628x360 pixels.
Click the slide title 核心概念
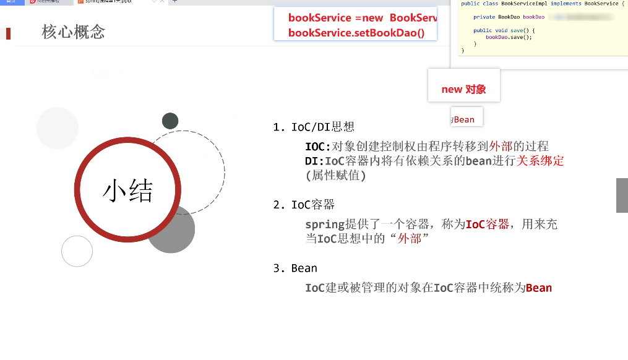(x=74, y=32)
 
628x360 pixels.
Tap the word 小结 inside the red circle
(x=127, y=191)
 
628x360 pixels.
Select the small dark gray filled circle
(x=170, y=121)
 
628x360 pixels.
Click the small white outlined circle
(x=77, y=251)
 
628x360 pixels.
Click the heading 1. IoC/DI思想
(x=314, y=127)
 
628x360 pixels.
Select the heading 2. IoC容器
(x=304, y=205)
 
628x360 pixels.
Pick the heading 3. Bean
(x=295, y=268)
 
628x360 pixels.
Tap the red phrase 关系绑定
(x=540, y=161)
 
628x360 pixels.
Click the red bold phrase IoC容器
(x=487, y=224)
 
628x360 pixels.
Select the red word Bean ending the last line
(x=538, y=288)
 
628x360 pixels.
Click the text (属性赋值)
(x=336, y=176)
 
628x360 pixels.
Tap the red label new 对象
(x=463, y=89)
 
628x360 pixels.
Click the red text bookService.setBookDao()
(x=356, y=33)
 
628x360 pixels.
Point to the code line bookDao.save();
(x=509, y=37)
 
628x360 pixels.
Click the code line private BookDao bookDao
(x=509, y=17)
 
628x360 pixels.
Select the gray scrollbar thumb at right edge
(x=622, y=195)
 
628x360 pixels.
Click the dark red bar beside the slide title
(x=8, y=33)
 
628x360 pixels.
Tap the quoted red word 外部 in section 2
(x=410, y=238)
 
